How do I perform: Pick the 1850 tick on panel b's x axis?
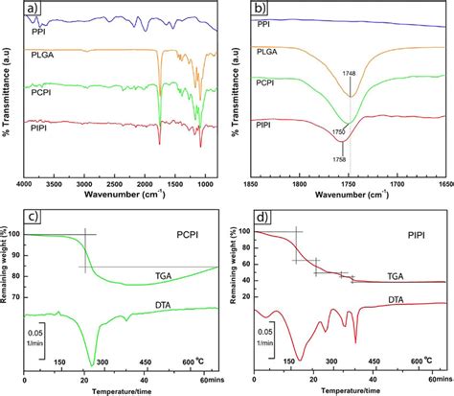pos(254,179)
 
